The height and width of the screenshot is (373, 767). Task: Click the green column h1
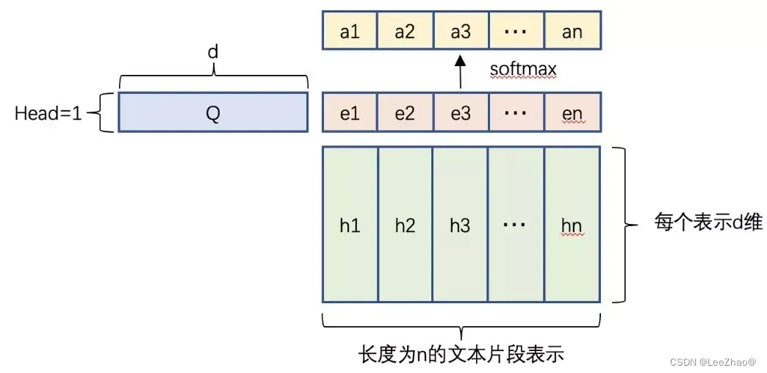coord(350,225)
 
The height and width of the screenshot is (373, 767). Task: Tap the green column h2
coord(405,225)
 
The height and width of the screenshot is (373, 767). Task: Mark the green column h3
coord(460,225)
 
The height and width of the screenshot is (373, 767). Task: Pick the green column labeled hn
coord(572,225)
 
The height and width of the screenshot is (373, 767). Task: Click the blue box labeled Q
coord(213,112)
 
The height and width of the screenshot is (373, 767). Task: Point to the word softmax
coord(523,70)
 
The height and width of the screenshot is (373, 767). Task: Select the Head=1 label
coord(48,113)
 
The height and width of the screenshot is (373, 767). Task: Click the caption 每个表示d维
coord(708,222)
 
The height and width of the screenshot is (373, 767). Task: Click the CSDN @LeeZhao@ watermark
coord(713,363)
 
